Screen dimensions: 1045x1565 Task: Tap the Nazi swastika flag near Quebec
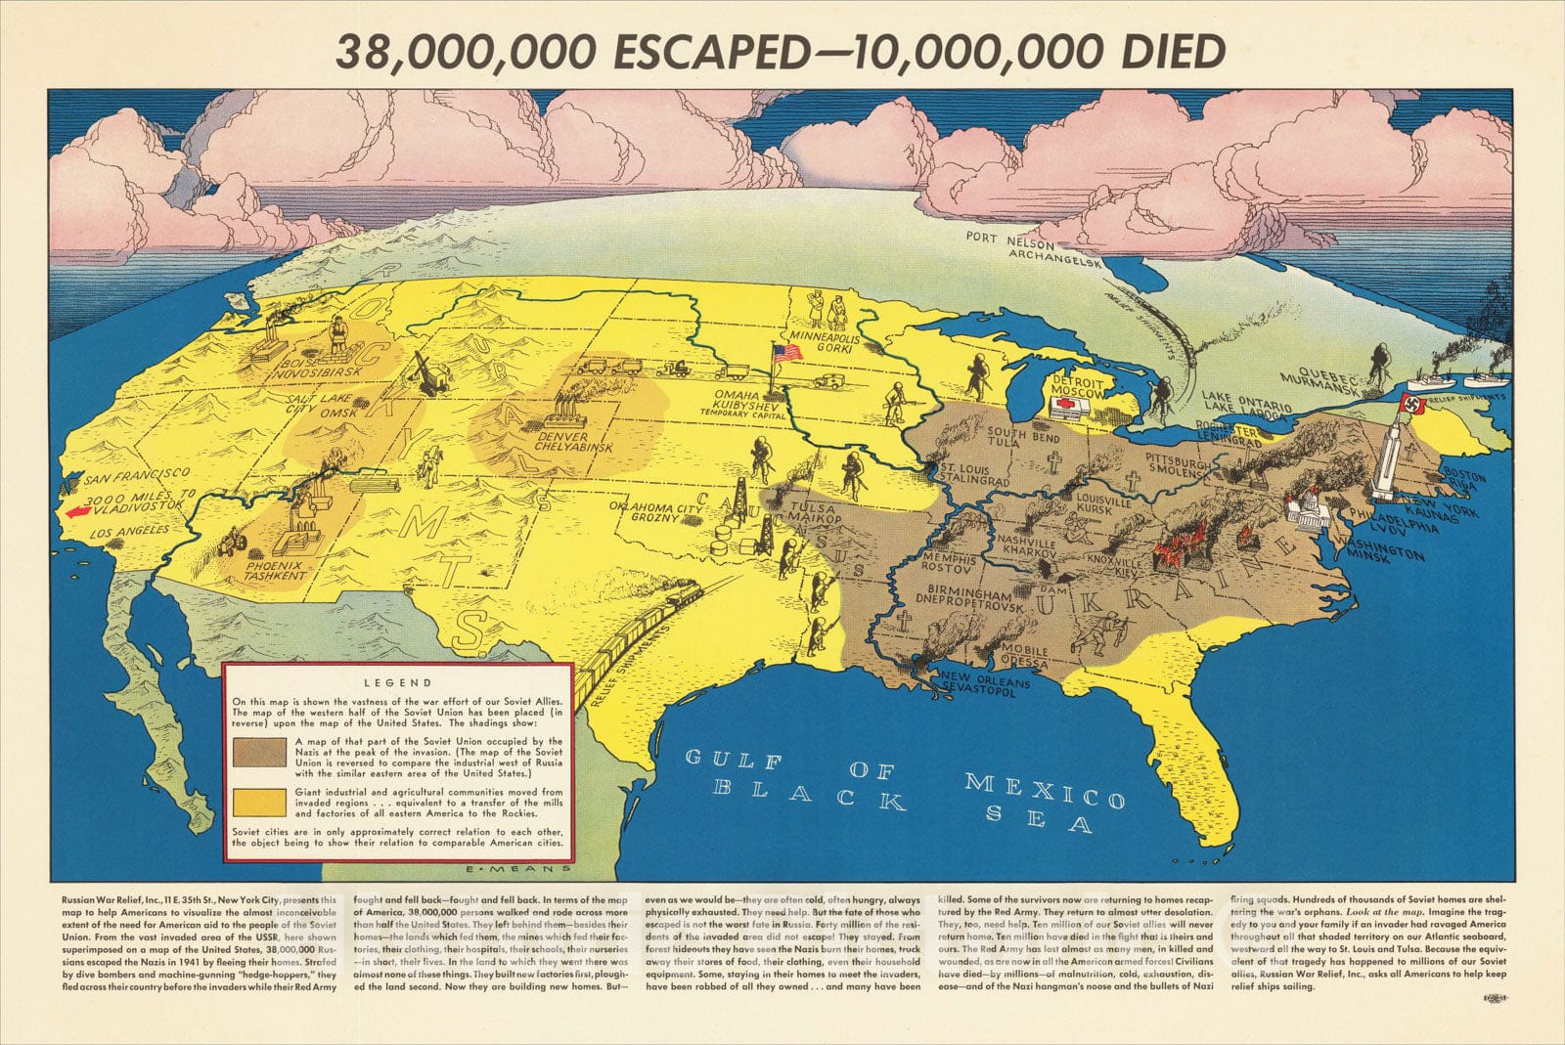pyautogui.click(x=1414, y=405)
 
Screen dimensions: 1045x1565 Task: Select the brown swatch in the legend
pyautogui.click(x=259, y=752)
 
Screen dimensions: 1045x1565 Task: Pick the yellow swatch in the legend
pyautogui.click(x=259, y=803)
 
